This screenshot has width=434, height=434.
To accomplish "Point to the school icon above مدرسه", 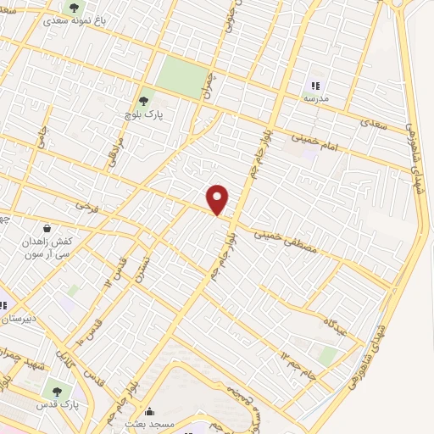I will click(x=316, y=86).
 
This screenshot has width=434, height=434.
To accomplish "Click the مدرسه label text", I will click(x=316, y=98).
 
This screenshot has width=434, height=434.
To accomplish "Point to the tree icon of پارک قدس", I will click(x=57, y=392).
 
